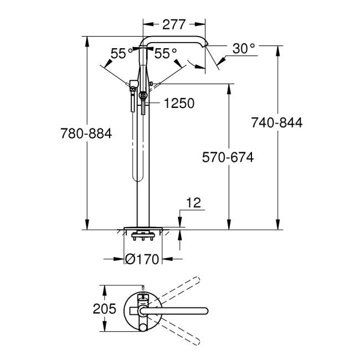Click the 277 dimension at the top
click(x=174, y=24)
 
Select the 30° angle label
click(x=243, y=49)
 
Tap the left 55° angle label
click(x=121, y=53)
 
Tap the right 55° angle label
click(x=166, y=53)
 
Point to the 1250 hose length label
click(x=178, y=103)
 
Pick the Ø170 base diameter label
click(x=143, y=259)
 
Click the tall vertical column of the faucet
click(x=143, y=166)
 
